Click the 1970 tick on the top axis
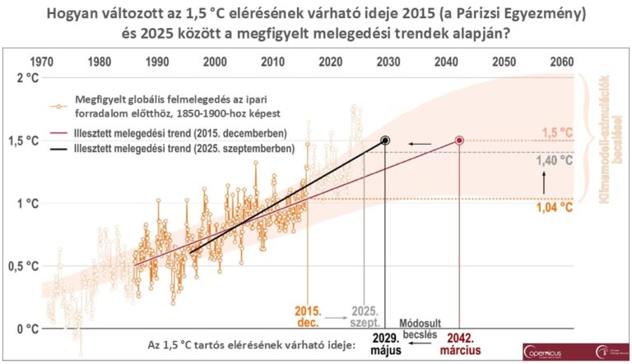[42, 62]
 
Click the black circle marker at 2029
[385, 141]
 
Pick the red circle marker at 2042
[459, 141]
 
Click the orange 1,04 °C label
[555, 208]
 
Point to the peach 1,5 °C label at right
[555, 133]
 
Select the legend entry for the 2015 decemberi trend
[195, 132]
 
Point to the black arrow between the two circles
[421, 143]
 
